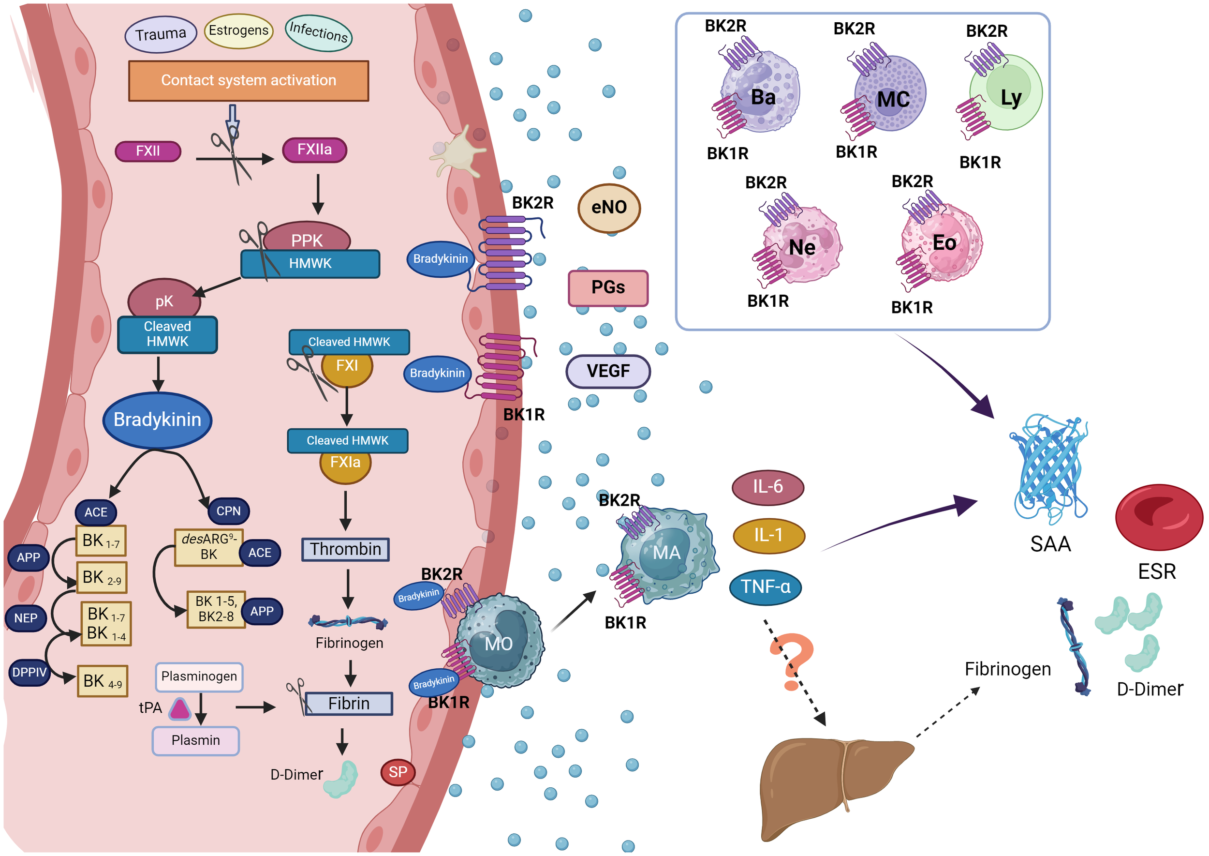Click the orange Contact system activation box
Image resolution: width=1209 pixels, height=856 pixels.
tap(248, 81)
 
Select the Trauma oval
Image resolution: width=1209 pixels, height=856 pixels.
tap(160, 35)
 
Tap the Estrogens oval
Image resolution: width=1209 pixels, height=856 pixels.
tap(238, 30)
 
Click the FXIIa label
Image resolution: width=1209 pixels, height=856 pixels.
tap(314, 150)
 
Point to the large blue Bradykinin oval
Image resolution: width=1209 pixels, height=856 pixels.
tap(157, 420)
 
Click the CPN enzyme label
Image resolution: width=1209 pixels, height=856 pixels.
tap(229, 511)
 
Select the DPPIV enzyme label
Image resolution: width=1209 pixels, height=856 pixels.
tap(29, 673)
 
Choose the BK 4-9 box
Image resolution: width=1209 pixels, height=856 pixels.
tap(103, 681)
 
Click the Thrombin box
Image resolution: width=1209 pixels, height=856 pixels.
tap(346, 549)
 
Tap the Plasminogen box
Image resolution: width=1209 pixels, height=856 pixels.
tap(199, 677)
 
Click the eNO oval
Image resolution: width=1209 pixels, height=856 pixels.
tap(609, 208)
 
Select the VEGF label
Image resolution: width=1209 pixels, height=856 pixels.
tap(608, 372)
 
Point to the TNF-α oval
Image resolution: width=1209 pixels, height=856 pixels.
tap(766, 586)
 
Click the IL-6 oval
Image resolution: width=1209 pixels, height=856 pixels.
tap(767, 486)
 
